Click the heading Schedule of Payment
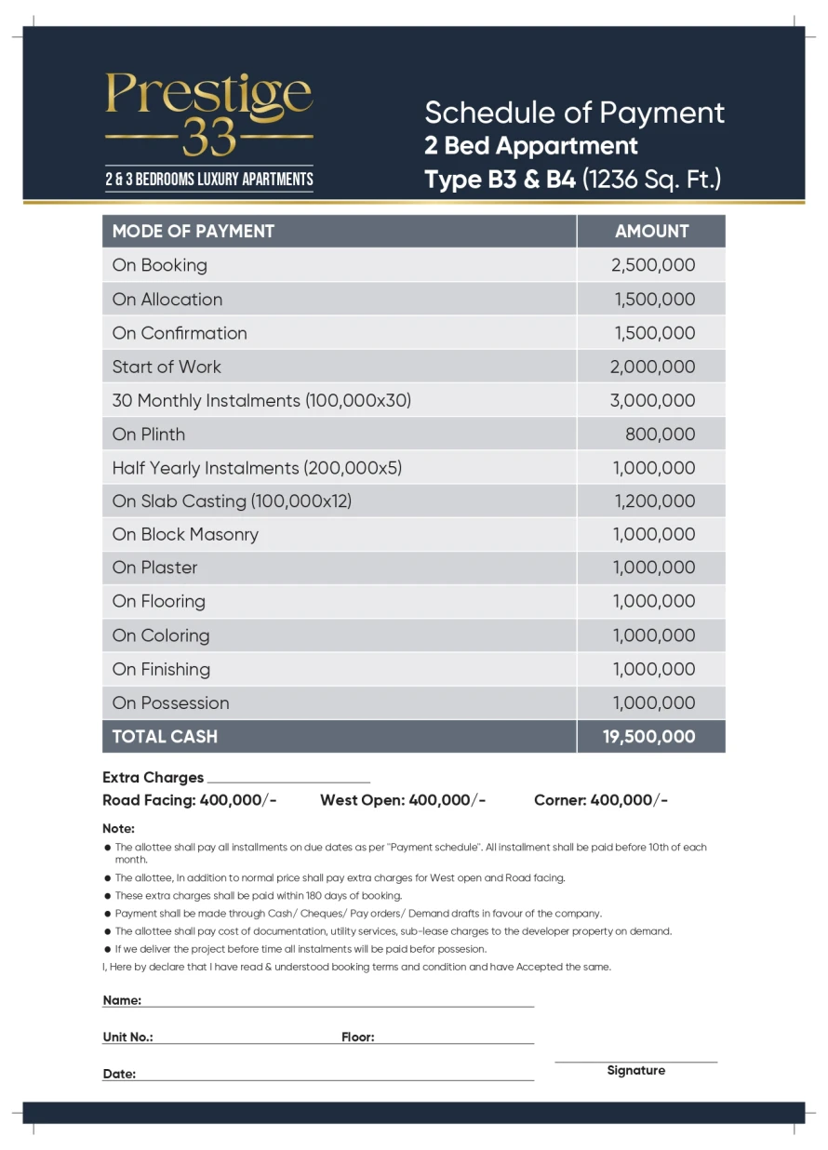point(574,113)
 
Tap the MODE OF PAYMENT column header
point(194,232)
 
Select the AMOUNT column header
point(651,232)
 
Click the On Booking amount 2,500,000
point(653,265)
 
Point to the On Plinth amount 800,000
point(660,434)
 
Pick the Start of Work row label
point(167,367)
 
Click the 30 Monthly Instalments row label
point(261,400)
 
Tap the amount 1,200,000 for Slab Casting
point(654,501)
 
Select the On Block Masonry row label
point(185,534)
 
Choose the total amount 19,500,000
point(648,736)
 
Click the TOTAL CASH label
point(165,736)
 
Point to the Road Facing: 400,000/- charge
point(190,800)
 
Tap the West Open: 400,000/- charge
point(403,800)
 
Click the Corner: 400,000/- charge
point(601,800)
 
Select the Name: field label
point(122,1000)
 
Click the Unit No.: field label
point(127,1036)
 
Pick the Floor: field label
point(358,1036)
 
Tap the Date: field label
point(119,1074)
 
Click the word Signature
point(636,1070)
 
